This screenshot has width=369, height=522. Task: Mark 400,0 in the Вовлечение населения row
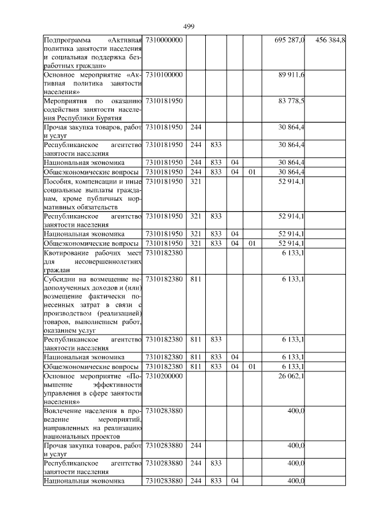pos(297,411)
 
